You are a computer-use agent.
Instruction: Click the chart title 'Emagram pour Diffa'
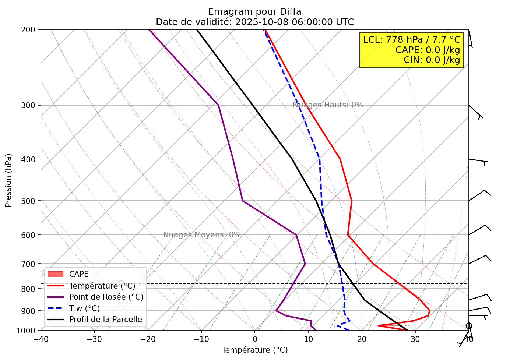pyautogui.click(x=254, y=12)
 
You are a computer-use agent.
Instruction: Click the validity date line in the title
pyautogui.click(x=254, y=22)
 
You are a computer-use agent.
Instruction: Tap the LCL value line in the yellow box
pyautogui.click(x=412, y=40)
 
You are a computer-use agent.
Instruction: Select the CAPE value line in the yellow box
pyautogui.click(x=428, y=50)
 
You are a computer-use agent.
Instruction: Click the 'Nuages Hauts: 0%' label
pyautogui.click(x=328, y=105)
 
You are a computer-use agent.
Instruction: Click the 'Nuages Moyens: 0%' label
pyautogui.click(x=202, y=235)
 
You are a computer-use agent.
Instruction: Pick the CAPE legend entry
pyautogui.click(x=79, y=274)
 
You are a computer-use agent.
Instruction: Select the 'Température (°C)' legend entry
pyautogui.click(x=102, y=286)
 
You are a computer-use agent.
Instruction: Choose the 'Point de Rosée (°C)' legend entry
pyautogui.click(x=106, y=297)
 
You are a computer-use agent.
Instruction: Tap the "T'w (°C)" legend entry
pyautogui.click(x=84, y=308)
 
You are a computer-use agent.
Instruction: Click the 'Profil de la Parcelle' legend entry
pyautogui.click(x=105, y=320)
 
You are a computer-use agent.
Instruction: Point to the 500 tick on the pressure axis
pyautogui.click(x=31, y=201)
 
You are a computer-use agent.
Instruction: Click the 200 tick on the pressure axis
pyautogui.click(x=31, y=29)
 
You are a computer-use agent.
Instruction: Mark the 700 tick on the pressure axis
pyautogui.click(x=31, y=264)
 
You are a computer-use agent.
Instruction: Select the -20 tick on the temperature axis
pyautogui.click(x=148, y=339)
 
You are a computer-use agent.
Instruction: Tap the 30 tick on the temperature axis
pyautogui.click(x=415, y=339)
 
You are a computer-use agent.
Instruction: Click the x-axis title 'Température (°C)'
pyautogui.click(x=254, y=350)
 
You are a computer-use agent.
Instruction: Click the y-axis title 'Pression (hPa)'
pyautogui.click(x=8, y=180)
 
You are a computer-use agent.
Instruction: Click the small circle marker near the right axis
pyautogui.click(x=469, y=325)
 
